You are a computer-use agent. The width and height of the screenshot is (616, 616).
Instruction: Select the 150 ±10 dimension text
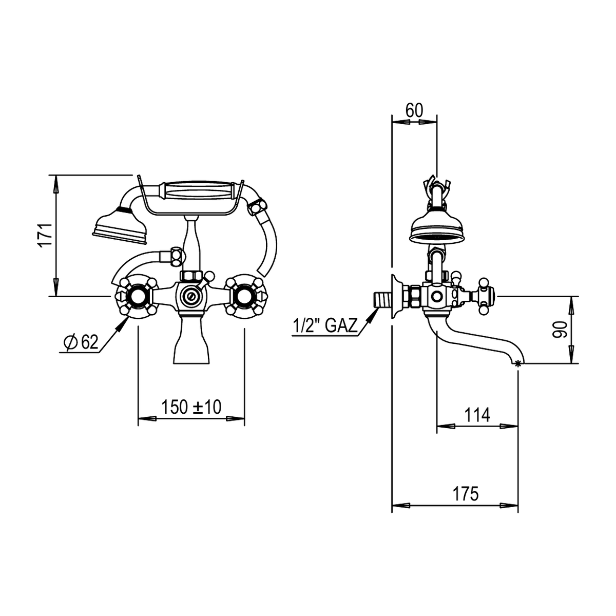[x=191, y=407]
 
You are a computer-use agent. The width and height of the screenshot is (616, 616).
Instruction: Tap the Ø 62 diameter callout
[x=81, y=343]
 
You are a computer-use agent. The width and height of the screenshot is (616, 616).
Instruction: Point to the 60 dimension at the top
[x=414, y=110]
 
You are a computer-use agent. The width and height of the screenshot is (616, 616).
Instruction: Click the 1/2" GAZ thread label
[x=324, y=326]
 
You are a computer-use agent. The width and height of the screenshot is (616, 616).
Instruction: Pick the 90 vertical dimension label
[x=560, y=330]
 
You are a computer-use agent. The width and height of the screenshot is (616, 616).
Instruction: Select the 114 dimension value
[x=477, y=415]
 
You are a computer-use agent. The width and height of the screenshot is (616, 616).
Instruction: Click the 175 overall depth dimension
[x=466, y=494]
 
